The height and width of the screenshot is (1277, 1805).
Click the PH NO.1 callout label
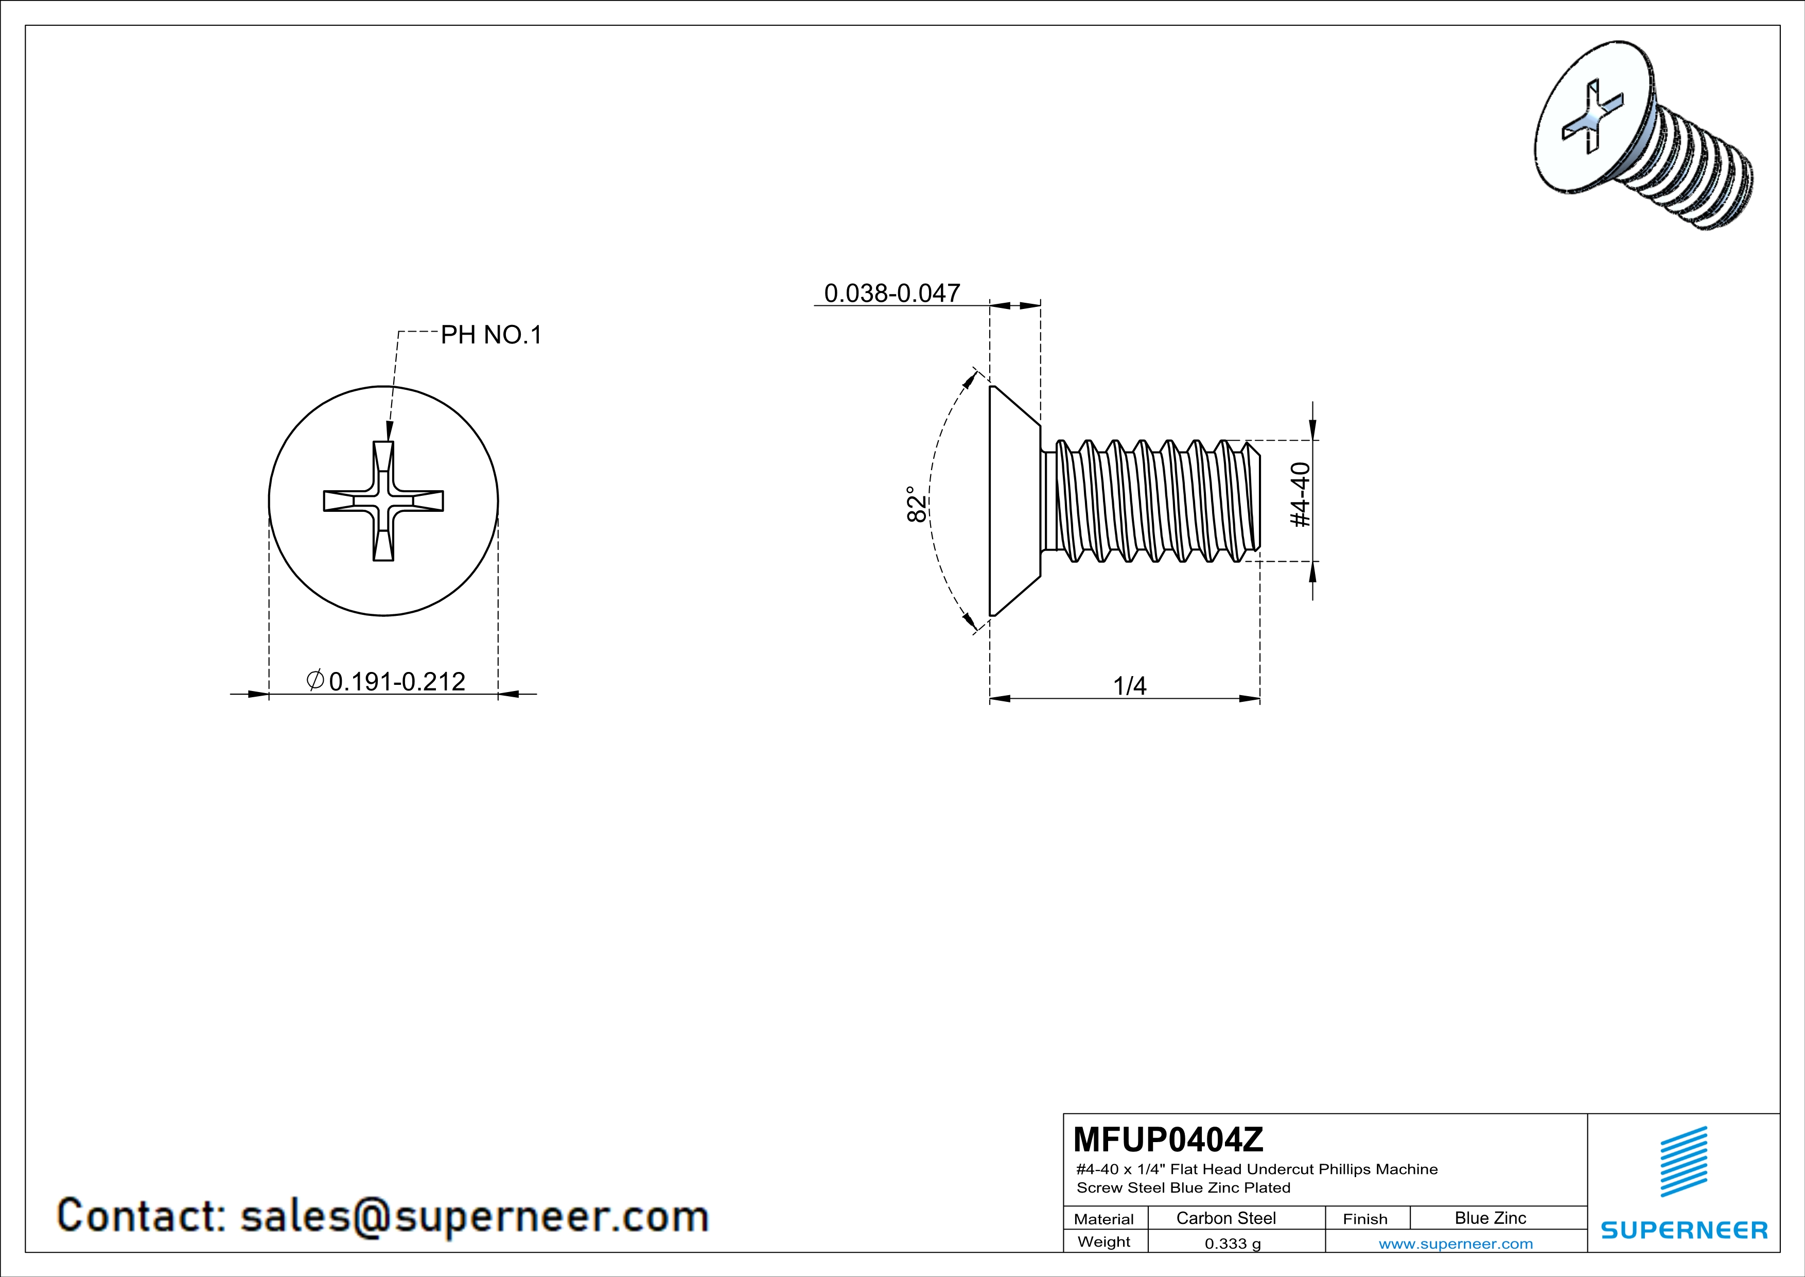pos(492,335)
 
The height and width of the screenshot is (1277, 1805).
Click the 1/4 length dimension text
pos(1130,686)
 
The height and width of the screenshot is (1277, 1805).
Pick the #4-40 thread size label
pos(1301,495)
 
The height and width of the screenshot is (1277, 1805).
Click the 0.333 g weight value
pos(1233,1243)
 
